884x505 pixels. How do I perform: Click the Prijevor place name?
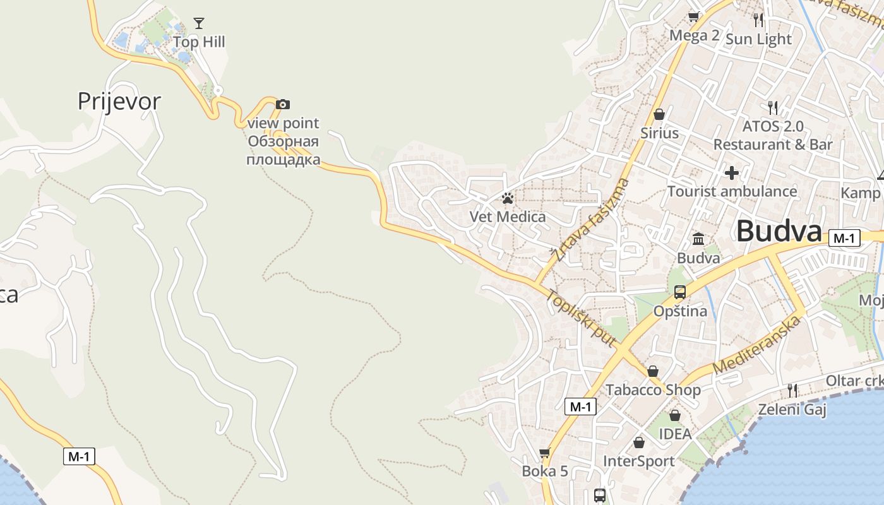click(119, 101)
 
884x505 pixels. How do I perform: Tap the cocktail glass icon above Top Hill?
click(199, 24)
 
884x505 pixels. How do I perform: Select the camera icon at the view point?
click(283, 104)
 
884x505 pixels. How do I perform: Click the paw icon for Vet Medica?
click(508, 198)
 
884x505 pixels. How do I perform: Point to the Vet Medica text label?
click(508, 217)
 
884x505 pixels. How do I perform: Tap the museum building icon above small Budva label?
click(698, 239)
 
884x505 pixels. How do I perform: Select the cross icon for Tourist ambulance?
click(732, 172)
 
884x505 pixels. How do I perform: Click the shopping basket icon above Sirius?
click(659, 114)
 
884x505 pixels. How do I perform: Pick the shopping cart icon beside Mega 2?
click(694, 17)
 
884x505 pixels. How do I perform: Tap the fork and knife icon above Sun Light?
click(758, 20)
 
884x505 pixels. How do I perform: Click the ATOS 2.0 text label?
click(773, 126)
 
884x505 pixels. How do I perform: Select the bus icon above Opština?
click(680, 292)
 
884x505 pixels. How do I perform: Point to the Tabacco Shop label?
click(653, 390)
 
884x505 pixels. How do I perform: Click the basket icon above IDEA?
click(675, 415)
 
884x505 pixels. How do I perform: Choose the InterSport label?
click(639, 461)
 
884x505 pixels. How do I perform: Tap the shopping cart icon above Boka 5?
click(544, 453)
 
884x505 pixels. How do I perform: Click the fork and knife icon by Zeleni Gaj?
click(792, 391)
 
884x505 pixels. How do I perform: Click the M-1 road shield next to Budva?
click(844, 238)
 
